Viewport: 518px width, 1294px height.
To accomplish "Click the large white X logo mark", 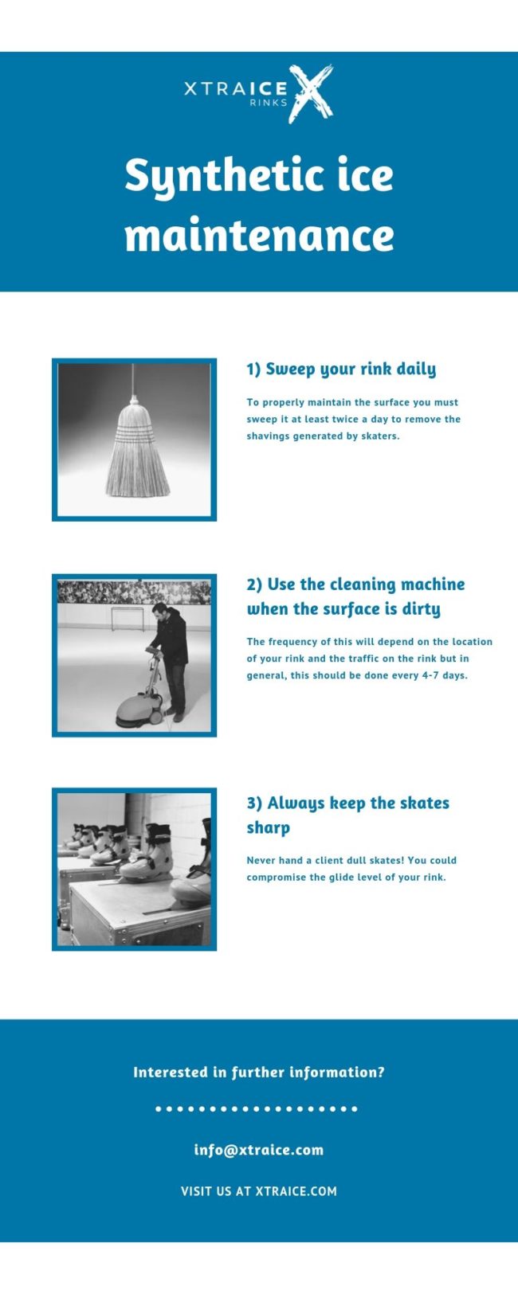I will (x=310, y=93).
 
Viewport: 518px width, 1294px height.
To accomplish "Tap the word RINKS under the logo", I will (x=269, y=103).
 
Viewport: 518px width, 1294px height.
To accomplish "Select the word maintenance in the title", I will (x=259, y=236).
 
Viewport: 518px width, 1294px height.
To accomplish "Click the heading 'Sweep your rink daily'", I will (x=341, y=369).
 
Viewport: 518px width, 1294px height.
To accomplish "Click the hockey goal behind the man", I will (x=127, y=617).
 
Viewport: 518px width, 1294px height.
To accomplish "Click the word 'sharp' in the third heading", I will (x=268, y=827).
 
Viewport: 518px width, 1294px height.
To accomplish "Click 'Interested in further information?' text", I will (x=259, y=1072).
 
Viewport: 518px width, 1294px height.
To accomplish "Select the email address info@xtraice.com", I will (x=259, y=1149).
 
